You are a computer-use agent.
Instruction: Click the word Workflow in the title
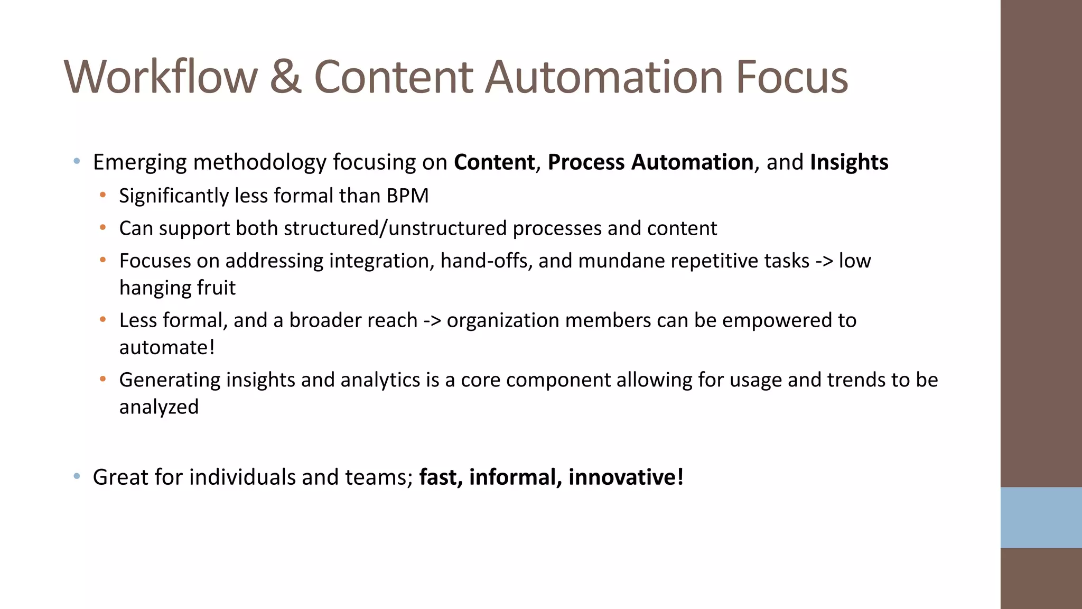point(161,77)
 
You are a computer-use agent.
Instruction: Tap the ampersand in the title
point(285,77)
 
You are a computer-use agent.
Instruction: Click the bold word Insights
point(849,162)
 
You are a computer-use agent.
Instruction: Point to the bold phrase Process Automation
point(650,162)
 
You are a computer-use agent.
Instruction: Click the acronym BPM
point(407,196)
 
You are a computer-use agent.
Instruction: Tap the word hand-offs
point(486,261)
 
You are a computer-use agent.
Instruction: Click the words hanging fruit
point(178,288)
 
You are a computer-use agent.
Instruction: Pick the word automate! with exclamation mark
point(167,348)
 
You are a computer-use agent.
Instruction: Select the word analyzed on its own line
point(158,407)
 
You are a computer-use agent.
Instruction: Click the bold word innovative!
point(626,477)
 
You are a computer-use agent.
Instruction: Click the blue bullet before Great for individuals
point(77,476)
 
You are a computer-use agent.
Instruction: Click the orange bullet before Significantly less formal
point(103,195)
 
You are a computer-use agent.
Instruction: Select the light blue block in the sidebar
point(1041,517)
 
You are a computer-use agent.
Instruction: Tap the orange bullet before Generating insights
point(103,379)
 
